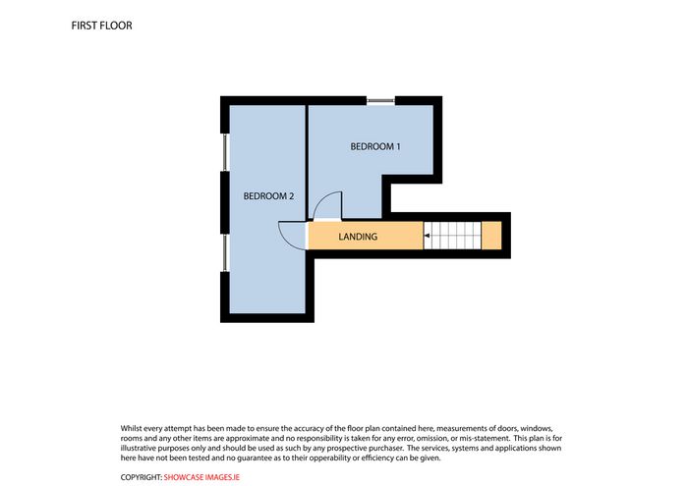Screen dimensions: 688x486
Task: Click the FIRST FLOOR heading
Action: [101, 26]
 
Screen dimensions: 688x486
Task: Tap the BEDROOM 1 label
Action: [375, 146]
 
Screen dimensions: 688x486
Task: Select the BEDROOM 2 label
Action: [268, 196]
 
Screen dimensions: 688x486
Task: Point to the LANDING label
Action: [358, 237]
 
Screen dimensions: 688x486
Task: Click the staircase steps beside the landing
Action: [452, 236]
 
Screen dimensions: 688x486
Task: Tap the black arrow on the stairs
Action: [427, 236]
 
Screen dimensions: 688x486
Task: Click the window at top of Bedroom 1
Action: [380, 101]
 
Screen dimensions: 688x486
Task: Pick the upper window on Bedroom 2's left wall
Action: [225, 152]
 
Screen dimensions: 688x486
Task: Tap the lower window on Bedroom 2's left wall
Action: [225, 253]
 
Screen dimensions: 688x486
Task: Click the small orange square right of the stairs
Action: [491, 236]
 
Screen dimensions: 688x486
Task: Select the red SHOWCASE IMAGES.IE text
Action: [201, 477]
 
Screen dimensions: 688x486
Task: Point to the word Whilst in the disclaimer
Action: [131, 428]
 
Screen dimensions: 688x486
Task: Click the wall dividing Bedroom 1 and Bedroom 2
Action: [307, 162]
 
